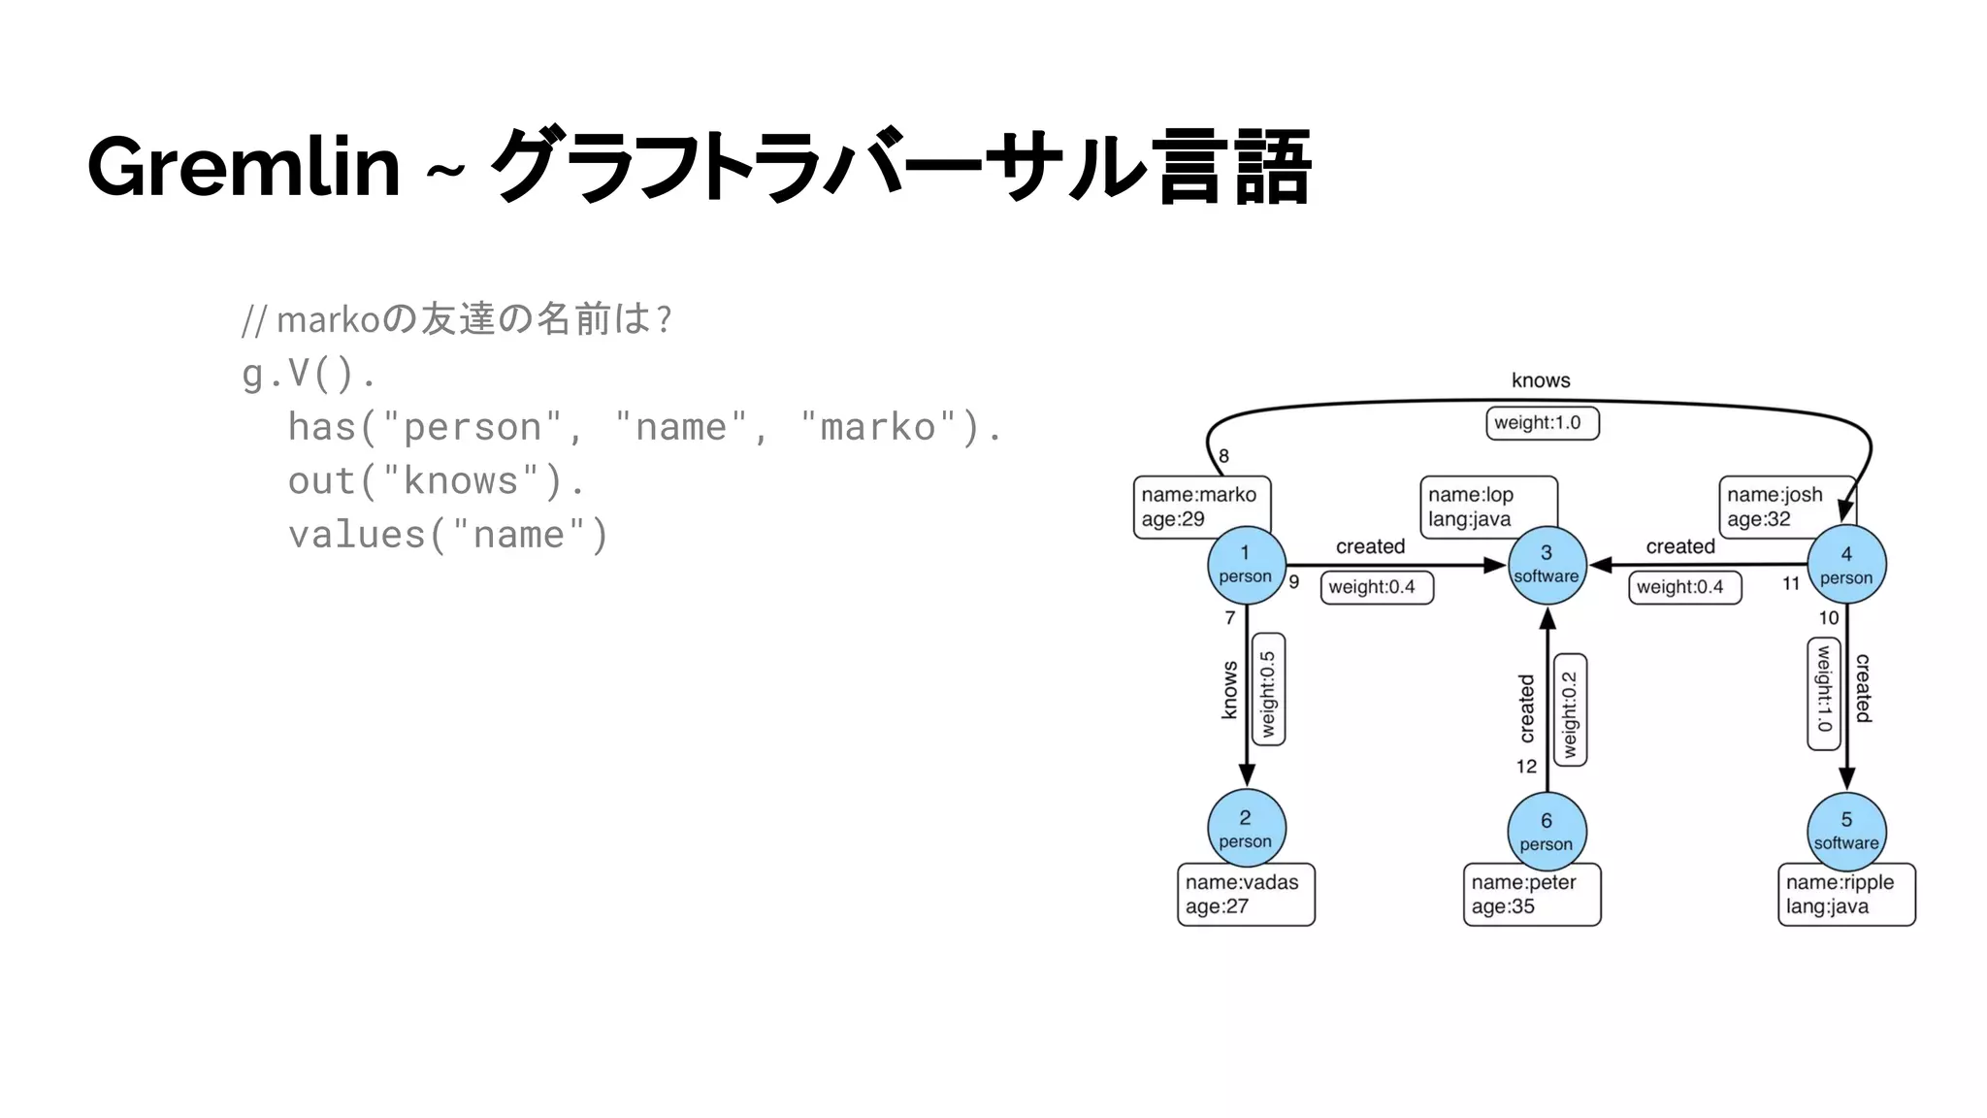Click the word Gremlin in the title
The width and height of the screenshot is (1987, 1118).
pyautogui.click(x=244, y=167)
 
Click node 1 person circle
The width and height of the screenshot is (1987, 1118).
pyautogui.click(x=1246, y=565)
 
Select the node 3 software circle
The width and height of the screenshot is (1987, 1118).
pyautogui.click(x=1547, y=565)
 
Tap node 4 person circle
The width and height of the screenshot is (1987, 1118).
pyautogui.click(x=1846, y=565)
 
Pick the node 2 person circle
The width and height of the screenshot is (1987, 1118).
pyautogui.click(x=1246, y=829)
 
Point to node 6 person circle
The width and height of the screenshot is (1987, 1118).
pyautogui.click(x=1547, y=832)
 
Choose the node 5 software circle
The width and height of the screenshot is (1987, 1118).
pyautogui.click(x=1846, y=831)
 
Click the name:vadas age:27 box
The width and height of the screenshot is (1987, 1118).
pyautogui.click(x=1246, y=895)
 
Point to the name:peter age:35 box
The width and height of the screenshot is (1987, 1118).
pyautogui.click(x=1531, y=895)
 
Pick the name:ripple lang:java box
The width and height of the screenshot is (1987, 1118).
pyautogui.click(x=1845, y=895)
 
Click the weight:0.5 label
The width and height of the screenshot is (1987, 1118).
pyautogui.click(x=1268, y=691)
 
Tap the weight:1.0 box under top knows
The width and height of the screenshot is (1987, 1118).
pyautogui.click(x=1542, y=423)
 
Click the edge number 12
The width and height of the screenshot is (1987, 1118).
pyautogui.click(x=1526, y=767)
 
